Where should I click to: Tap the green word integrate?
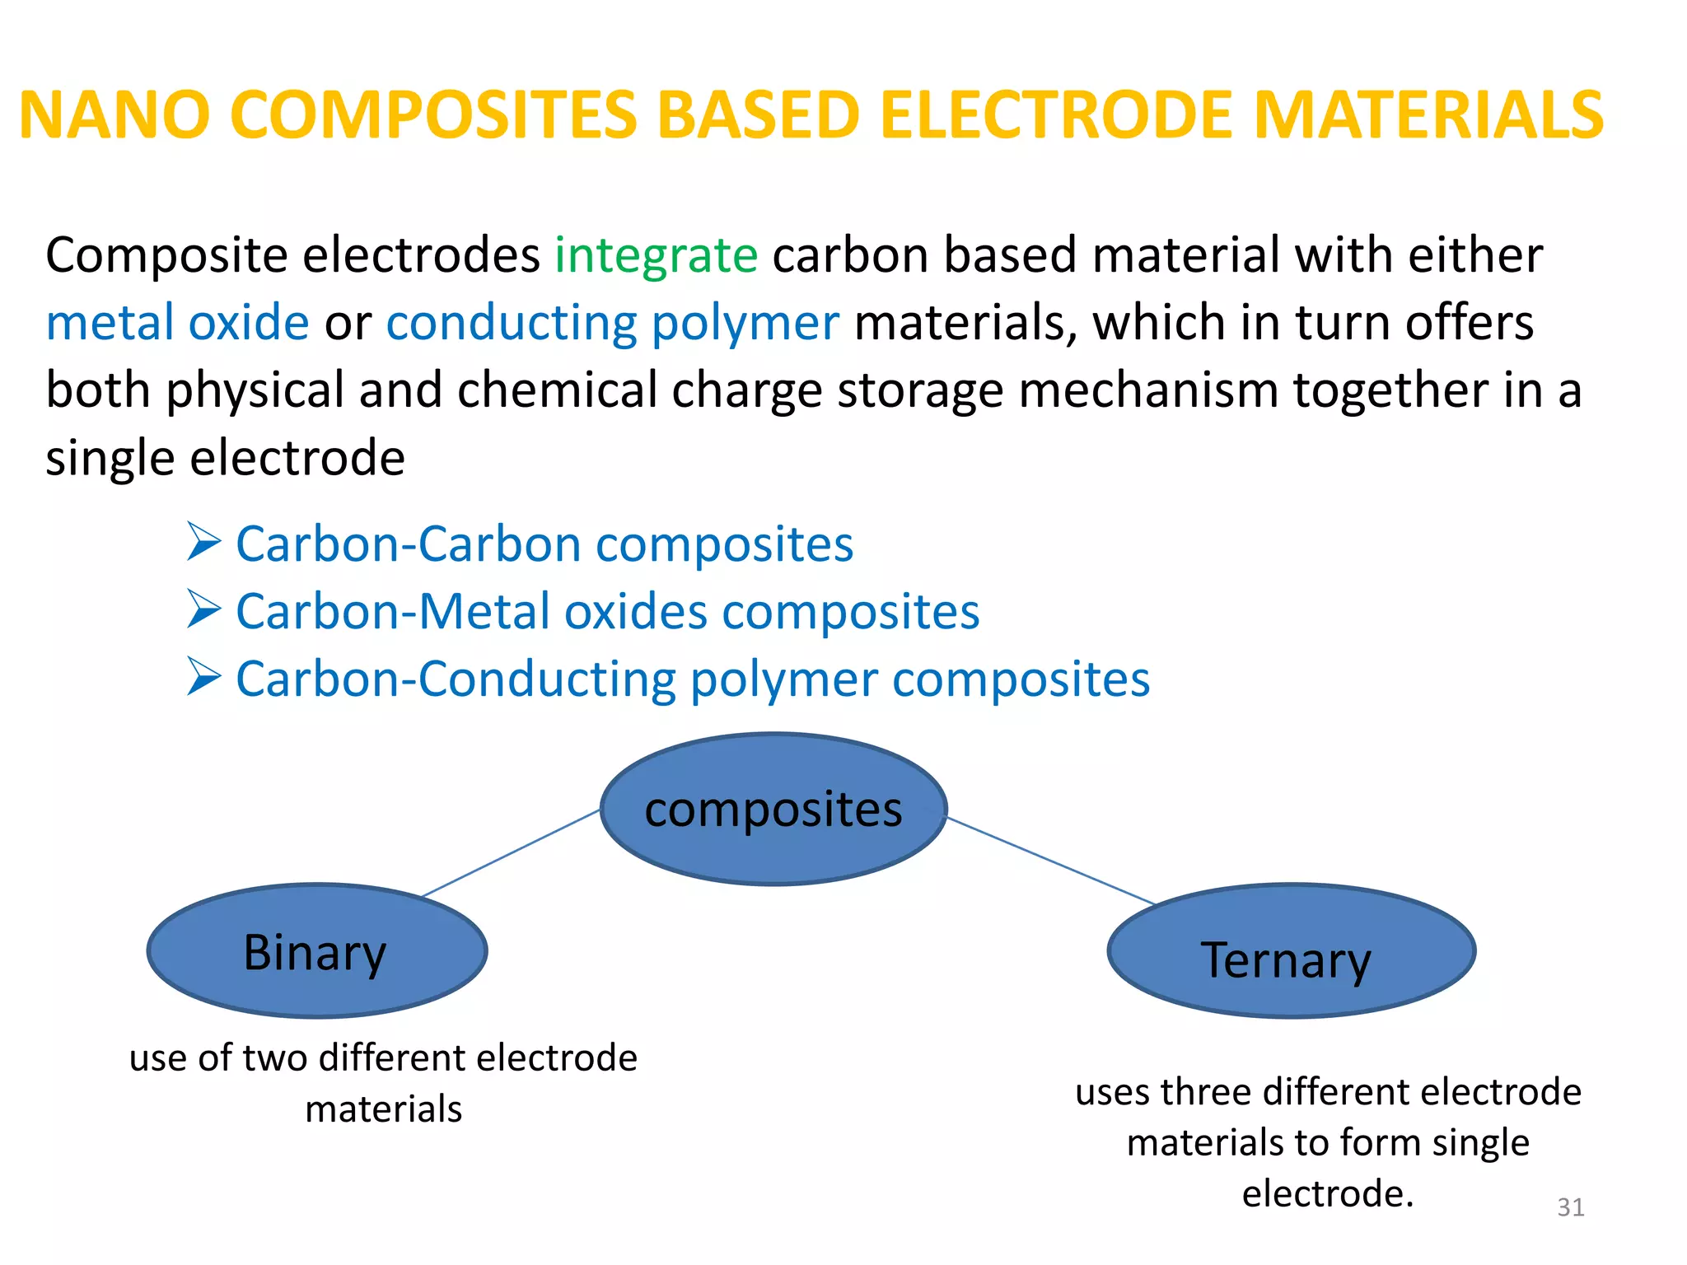(656, 255)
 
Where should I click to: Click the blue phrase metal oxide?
(178, 323)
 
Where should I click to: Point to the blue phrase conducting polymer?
(613, 323)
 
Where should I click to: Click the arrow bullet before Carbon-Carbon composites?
(203, 542)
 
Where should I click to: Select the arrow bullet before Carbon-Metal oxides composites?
(203, 609)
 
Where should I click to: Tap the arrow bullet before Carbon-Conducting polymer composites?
(203, 677)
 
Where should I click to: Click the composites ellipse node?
(773, 810)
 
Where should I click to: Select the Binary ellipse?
(317, 952)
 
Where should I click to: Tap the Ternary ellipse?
(1291, 952)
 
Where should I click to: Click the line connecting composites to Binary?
(511, 853)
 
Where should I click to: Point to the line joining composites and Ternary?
(1050, 861)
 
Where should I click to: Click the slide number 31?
(1571, 1207)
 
